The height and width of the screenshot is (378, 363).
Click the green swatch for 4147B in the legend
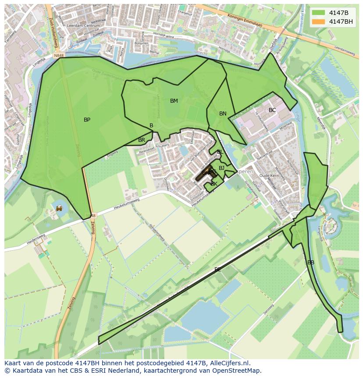click(319, 13)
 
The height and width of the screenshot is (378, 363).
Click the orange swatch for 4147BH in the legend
click(319, 22)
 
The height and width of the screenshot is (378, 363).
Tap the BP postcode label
click(87, 119)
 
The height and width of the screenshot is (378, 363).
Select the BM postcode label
click(174, 101)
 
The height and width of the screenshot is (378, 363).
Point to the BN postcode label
click(223, 114)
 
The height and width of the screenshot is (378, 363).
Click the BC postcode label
click(272, 110)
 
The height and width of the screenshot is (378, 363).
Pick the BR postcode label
click(142, 140)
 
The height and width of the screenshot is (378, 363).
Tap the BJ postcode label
click(221, 168)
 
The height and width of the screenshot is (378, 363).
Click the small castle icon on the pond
click(59, 208)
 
